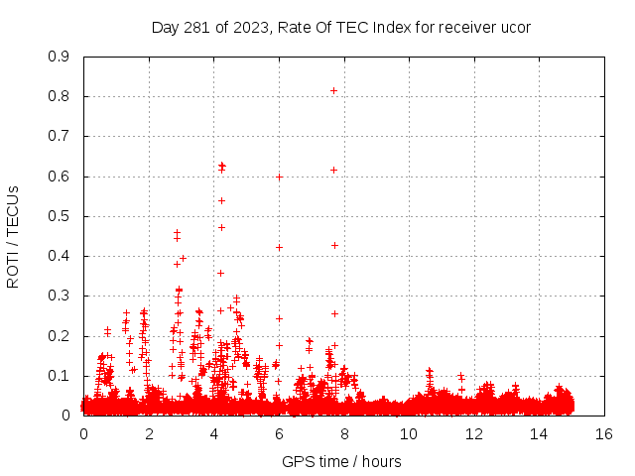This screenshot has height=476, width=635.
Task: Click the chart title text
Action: coord(340,27)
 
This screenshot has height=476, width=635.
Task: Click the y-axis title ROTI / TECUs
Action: coord(14,236)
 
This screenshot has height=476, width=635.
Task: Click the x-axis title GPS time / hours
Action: coord(341,461)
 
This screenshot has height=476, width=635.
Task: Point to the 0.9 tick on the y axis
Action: coord(60,57)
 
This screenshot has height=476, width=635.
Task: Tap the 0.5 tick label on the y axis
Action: coord(60,216)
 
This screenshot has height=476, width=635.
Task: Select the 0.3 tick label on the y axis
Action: coord(60,296)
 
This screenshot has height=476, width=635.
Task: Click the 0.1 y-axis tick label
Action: coord(60,376)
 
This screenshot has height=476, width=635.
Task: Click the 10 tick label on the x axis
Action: coord(409,433)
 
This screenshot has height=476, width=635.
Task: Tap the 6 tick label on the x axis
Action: coord(279,433)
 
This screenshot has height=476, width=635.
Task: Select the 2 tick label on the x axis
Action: coord(149,433)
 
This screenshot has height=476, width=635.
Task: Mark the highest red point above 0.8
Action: coord(333,90)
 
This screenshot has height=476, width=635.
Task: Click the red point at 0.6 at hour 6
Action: coord(279,177)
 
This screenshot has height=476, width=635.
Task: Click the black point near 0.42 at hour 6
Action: coord(279,247)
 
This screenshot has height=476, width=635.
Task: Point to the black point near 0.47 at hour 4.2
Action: coord(221,227)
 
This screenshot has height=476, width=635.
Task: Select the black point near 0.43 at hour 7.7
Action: coord(334,245)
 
